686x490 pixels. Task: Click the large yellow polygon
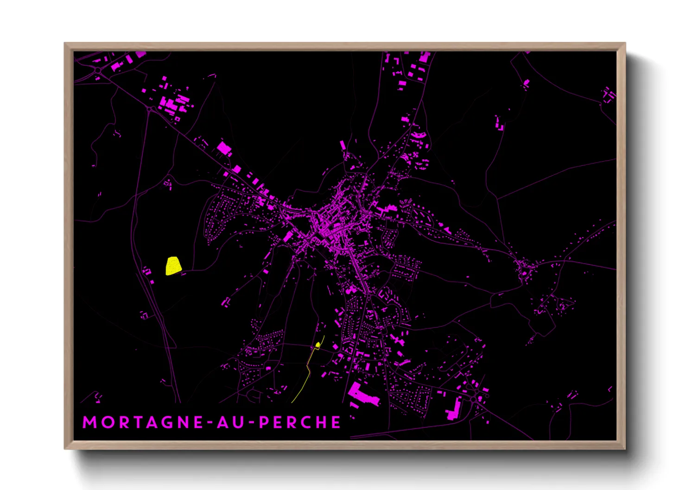pos(173,266)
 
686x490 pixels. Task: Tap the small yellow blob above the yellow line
pos(318,345)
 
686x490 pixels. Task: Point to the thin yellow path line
pos(306,375)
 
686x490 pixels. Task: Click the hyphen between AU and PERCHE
pos(250,423)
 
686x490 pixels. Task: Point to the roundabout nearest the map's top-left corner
pos(98,70)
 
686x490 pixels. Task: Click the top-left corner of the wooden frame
pos(65,44)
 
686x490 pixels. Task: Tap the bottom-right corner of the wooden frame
pos(625,448)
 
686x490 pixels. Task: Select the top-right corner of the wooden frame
pos(625,44)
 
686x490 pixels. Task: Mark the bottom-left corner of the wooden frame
pos(65,448)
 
